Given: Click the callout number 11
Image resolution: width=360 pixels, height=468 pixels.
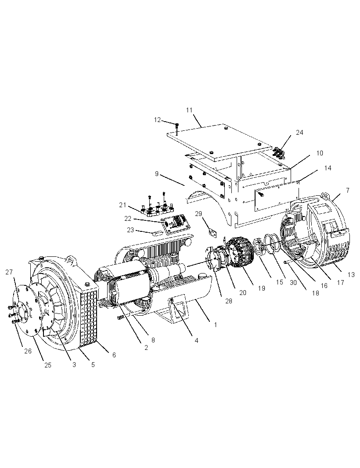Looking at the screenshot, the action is (189, 110).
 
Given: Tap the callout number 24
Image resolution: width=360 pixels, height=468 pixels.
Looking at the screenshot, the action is (299, 132).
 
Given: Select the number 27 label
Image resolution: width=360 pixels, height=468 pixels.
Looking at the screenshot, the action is (9, 272).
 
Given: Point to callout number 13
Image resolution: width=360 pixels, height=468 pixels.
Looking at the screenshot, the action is (351, 274).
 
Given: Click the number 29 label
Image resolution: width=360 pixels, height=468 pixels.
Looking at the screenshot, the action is (198, 214).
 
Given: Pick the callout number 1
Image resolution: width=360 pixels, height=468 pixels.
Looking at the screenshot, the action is (216, 325).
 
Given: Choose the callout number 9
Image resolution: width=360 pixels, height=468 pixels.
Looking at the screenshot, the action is (157, 174).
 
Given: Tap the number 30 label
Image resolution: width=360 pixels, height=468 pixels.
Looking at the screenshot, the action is (293, 282).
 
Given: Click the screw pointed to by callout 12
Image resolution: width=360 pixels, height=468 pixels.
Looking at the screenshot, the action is (177, 126).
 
